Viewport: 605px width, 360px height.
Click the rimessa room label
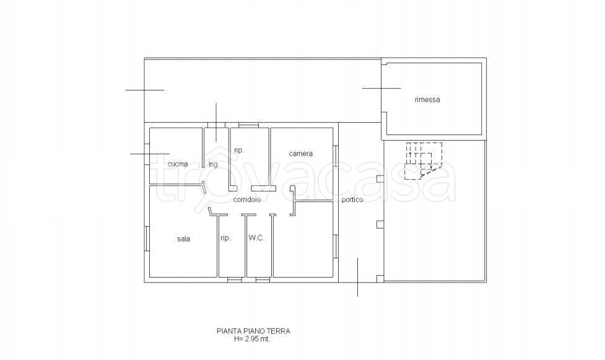(427, 100)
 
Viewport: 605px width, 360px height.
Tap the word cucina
(178, 164)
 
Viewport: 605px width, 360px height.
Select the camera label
(301, 154)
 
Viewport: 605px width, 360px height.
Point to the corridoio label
(247, 200)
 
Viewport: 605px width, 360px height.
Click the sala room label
(183, 239)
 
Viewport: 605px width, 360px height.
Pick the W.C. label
(256, 238)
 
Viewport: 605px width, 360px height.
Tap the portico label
(352, 200)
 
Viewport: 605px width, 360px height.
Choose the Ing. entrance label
(214, 165)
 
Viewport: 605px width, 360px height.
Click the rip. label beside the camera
(239, 150)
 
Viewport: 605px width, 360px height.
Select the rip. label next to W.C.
(226, 239)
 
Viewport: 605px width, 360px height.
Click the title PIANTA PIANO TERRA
(253, 331)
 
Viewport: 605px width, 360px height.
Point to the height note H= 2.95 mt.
(252, 339)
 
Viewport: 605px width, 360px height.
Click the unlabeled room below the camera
(303, 239)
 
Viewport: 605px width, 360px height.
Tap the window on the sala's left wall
(147, 239)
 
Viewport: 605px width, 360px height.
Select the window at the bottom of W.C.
(263, 279)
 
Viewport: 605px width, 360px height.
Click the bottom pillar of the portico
(380, 278)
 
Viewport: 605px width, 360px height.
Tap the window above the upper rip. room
(248, 125)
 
